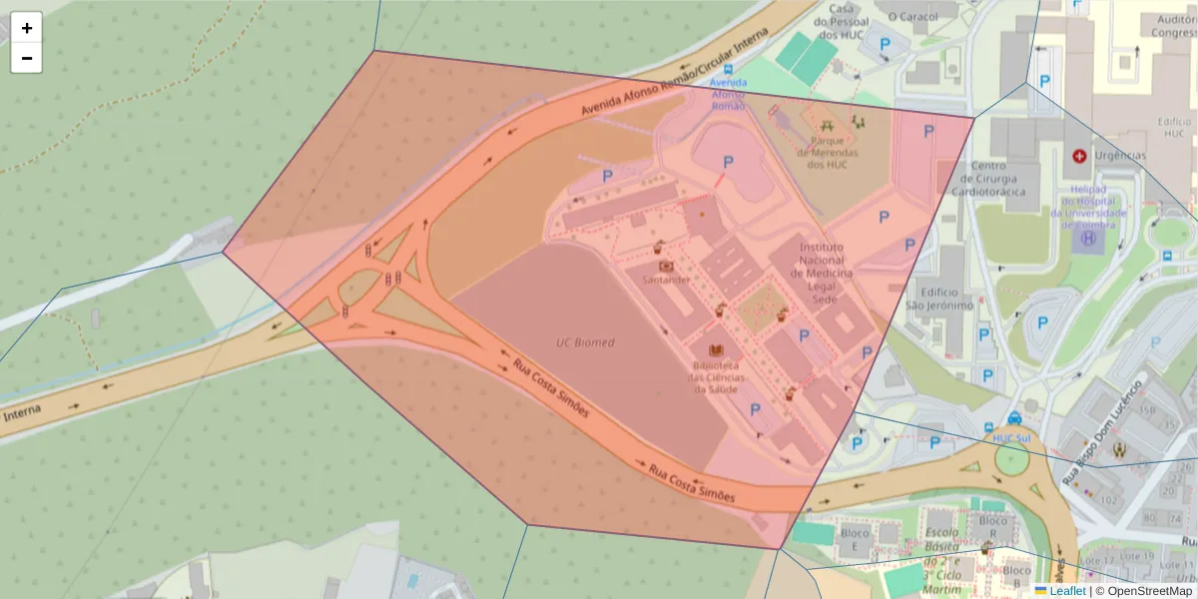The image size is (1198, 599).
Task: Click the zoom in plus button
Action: pos(26,28)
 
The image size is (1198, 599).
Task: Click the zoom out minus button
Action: pos(26,58)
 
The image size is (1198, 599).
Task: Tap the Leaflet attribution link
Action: pos(1066,591)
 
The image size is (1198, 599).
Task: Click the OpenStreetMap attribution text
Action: pos(1149,591)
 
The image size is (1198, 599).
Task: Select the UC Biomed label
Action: pos(585,342)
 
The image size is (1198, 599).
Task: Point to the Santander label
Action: pos(666,281)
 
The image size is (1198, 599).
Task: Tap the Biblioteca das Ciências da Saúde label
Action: pos(715,376)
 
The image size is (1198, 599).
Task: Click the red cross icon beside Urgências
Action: pos(1079,156)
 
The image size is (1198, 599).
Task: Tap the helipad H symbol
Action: pos(1088,239)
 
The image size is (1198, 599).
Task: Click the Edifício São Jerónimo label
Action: pos(938,299)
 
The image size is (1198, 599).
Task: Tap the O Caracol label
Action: pos(913,17)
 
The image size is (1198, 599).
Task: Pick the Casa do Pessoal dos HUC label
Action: pos(838,21)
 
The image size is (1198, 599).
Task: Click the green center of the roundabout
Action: pos(1011,460)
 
